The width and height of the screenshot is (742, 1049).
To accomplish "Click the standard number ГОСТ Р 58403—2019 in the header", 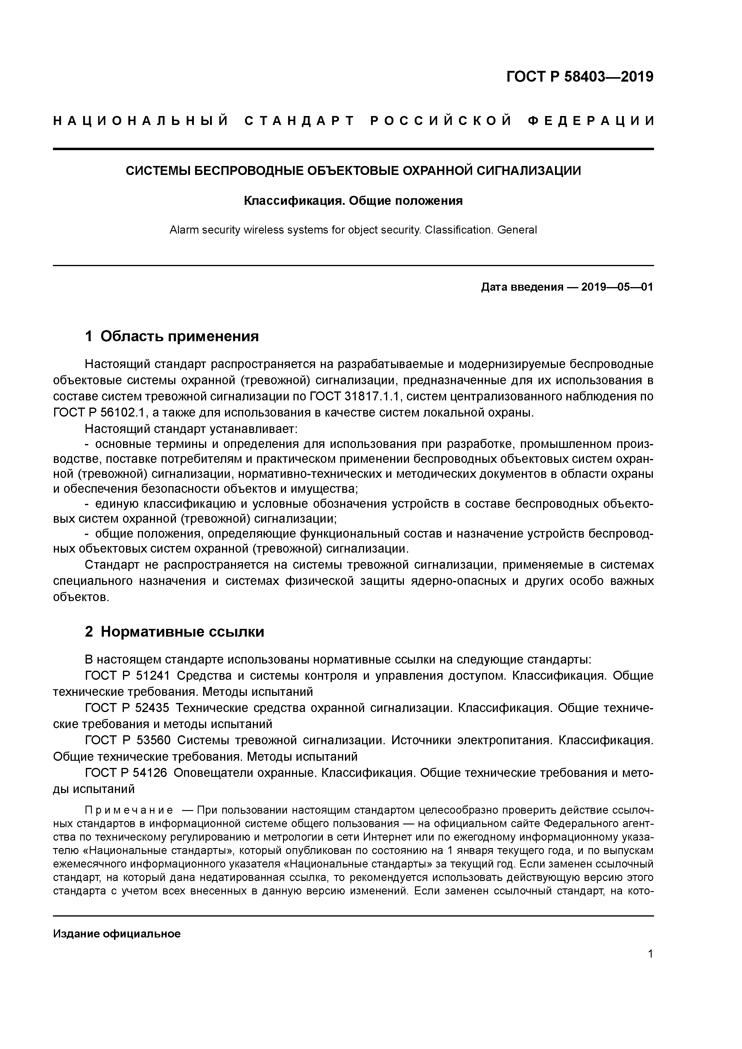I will coord(580,77).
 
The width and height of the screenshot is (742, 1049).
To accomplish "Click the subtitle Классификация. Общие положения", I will coord(353,201).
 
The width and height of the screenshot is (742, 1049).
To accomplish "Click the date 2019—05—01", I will coord(617,287).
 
